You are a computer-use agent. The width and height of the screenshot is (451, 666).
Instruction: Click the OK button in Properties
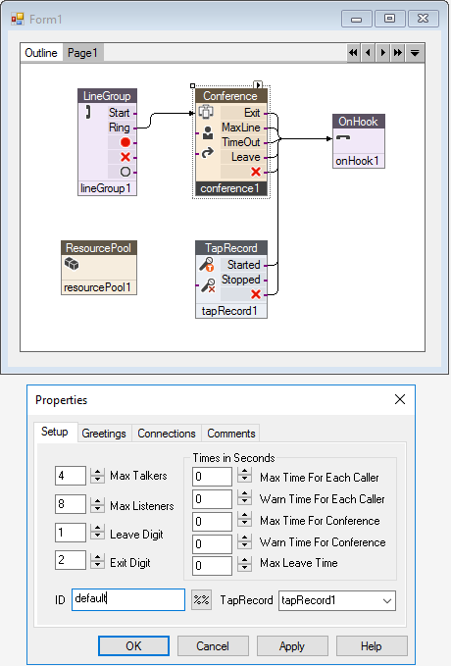(x=133, y=646)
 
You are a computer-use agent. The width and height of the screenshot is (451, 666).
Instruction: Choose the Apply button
(x=292, y=646)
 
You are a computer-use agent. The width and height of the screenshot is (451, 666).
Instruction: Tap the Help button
(x=372, y=646)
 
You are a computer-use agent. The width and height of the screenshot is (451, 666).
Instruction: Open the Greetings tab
(x=104, y=434)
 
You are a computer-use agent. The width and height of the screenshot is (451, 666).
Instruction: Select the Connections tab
(x=167, y=434)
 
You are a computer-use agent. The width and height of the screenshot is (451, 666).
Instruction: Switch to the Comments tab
(x=231, y=434)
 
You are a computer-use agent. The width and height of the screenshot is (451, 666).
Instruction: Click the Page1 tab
(x=82, y=53)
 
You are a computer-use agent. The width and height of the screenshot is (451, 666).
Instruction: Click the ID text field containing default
(x=128, y=599)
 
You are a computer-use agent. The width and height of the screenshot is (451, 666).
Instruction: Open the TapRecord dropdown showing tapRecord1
(x=337, y=600)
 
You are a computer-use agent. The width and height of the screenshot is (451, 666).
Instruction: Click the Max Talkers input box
(x=70, y=476)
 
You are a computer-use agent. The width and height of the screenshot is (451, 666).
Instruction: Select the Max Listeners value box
(x=70, y=504)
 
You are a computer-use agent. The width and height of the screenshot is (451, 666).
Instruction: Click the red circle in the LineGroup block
(x=125, y=142)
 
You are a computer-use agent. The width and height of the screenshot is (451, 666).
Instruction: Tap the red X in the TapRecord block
(x=256, y=294)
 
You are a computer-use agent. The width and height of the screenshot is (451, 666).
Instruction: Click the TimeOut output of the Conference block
(x=241, y=142)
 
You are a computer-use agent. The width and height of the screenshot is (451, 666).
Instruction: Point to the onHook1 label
(x=357, y=161)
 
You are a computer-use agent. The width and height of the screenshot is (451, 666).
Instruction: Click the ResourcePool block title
(x=98, y=247)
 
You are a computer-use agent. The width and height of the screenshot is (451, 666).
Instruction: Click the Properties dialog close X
(x=400, y=399)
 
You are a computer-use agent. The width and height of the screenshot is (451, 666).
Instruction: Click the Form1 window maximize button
(x=389, y=19)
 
